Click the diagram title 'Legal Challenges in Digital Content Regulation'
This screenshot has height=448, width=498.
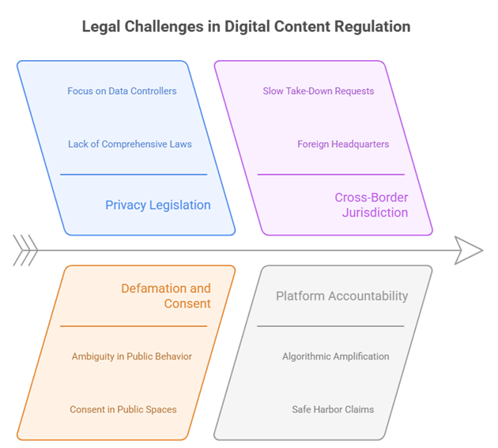[x=246, y=27]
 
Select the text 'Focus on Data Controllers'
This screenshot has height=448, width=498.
[x=122, y=91]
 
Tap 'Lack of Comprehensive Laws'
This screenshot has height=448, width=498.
[x=130, y=144]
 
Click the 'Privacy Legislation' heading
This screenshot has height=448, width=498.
[x=158, y=205]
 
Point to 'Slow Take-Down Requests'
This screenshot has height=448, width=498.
[x=319, y=91]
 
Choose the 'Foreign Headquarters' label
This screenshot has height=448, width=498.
[x=343, y=144]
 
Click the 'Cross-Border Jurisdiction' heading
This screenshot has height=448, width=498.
[x=372, y=205]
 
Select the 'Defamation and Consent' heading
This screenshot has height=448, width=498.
[x=166, y=296]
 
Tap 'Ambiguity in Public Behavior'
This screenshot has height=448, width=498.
[x=132, y=356]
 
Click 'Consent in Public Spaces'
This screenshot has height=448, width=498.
[x=124, y=409]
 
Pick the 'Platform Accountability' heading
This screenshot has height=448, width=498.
[x=341, y=296]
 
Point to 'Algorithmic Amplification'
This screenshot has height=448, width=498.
[x=335, y=356]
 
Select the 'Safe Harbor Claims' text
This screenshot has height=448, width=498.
[x=333, y=409]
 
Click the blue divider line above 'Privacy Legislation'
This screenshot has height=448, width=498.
[x=134, y=175]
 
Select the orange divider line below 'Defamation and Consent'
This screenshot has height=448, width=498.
[x=134, y=326]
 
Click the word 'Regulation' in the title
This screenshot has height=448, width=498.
[x=374, y=27]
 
